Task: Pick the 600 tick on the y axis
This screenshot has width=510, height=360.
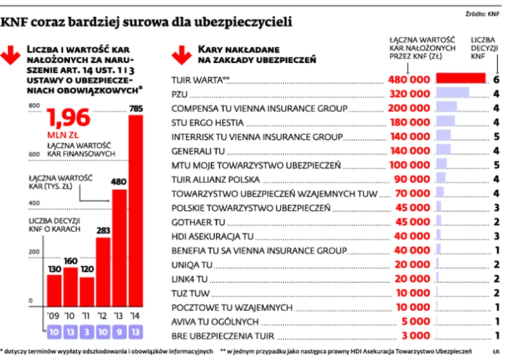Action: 32,154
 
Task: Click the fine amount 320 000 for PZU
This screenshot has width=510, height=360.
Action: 408,94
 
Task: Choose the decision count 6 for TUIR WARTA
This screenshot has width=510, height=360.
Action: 497,80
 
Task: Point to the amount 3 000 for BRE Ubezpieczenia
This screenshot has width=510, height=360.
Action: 416,335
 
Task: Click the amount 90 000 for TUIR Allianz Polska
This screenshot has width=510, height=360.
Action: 411,179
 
